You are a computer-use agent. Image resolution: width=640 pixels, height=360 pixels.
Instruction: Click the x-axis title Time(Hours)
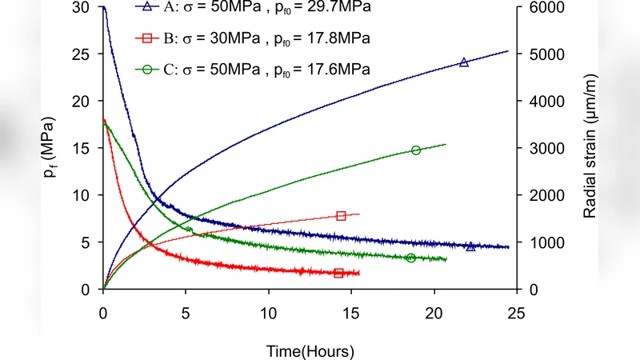(x=310, y=350)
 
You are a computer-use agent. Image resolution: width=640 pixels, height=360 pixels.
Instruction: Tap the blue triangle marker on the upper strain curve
(x=463, y=62)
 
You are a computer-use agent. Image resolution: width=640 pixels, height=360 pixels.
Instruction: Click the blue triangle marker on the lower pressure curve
(x=470, y=246)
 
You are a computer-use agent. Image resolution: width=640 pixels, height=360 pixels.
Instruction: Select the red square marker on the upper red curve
(x=342, y=216)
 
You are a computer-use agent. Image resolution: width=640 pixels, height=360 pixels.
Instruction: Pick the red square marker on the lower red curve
(x=338, y=274)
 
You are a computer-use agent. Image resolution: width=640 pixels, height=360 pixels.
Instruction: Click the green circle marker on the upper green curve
(x=416, y=150)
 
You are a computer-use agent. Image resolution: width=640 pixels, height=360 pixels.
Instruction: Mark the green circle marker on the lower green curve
(x=411, y=258)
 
